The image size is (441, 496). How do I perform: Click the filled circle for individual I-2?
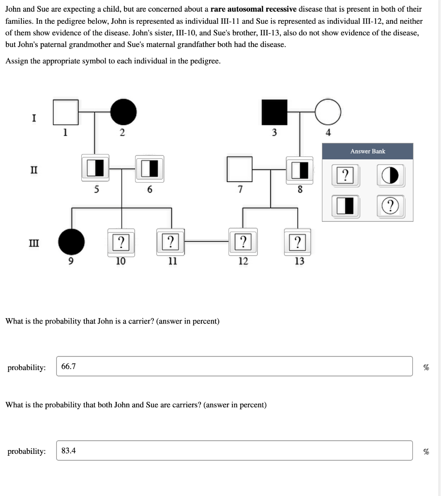click(123, 112)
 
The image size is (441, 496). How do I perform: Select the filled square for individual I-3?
click(274, 112)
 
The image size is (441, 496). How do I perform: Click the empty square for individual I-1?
click(66, 112)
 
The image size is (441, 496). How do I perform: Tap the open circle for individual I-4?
click(328, 112)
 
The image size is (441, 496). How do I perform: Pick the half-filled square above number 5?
click(95, 168)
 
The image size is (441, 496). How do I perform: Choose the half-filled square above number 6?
click(150, 169)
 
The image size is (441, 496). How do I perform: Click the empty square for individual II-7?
click(240, 169)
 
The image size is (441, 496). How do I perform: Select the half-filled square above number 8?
click(300, 170)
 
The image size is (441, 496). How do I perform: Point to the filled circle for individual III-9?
click(72, 242)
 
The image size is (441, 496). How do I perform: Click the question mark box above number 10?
click(121, 243)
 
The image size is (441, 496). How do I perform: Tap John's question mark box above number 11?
click(170, 242)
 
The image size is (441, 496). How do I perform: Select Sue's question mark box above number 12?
click(243, 242)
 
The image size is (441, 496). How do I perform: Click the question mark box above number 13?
click(298, 242)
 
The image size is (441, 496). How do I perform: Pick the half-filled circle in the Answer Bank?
click(391, 175)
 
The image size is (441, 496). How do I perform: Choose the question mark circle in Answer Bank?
click(391, 206)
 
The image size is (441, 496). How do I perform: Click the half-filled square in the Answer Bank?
click(346, 206)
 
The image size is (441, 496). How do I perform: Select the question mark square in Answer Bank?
click(346, 175)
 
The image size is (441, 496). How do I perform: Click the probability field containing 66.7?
click(234, 366)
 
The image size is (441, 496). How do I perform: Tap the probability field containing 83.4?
click(234, 450)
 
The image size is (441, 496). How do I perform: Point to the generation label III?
click(34, 243)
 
